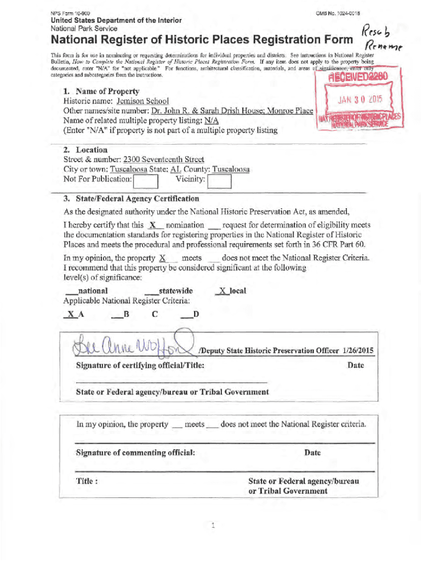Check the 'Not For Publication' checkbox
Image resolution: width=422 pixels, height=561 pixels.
click(x=146, y=180)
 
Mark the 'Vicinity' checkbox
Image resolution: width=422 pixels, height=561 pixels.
click(x=220, y=180)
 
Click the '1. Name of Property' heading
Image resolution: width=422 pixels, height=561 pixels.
click(x=101, y=91)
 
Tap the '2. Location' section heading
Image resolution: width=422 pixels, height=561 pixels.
click(x=85, y=150)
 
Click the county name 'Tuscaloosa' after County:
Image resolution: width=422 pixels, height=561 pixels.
click(x=231, y=170)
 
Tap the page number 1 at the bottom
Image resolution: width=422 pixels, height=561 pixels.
click(x=213, y=526)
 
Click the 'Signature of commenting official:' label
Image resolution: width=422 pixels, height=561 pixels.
click(x=135, y=453)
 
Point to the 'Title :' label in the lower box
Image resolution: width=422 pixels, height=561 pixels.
click(x=87, y=481)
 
